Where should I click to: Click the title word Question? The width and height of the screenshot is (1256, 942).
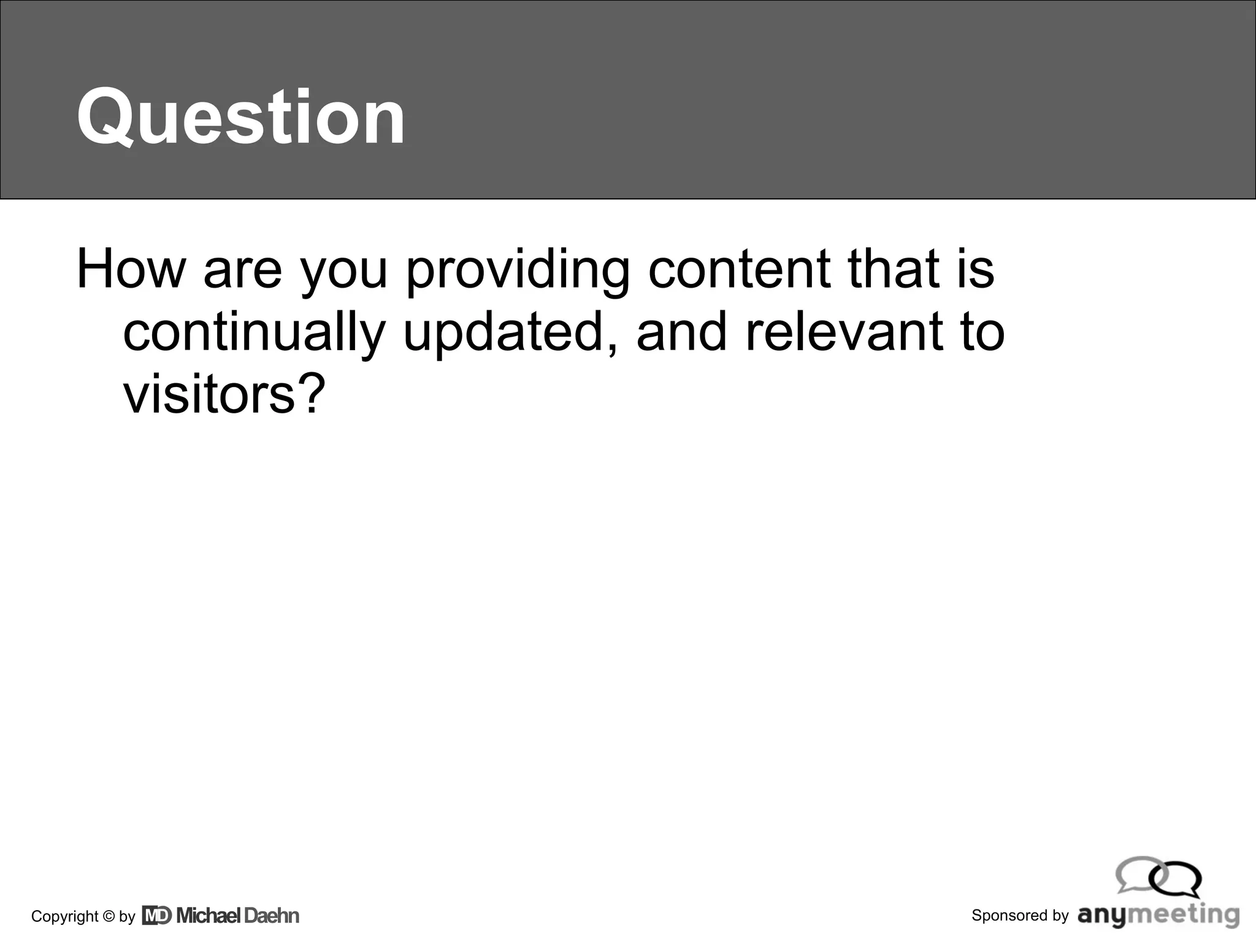click(240, 117)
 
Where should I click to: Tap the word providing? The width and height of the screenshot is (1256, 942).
click(517, 270)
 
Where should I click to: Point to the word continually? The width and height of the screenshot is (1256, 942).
click(253, 332)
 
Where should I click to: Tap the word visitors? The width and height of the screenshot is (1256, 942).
click(209, 394)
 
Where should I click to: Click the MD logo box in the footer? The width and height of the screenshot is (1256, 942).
click(156, 916)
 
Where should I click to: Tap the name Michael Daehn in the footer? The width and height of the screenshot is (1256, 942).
click(238, 916)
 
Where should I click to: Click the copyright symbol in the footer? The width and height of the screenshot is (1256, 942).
click(109, 916)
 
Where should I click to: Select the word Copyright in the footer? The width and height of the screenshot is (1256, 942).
click(64, 916)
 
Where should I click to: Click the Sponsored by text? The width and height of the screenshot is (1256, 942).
click(1020, 915)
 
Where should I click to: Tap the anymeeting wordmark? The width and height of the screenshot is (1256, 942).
click(1158, 915)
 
